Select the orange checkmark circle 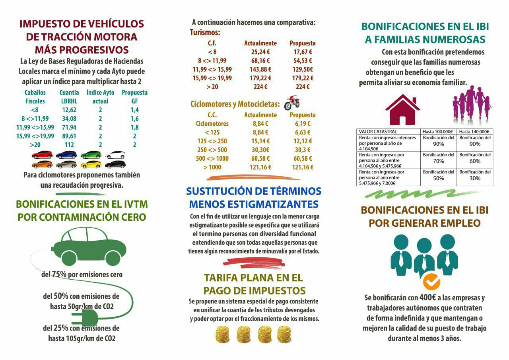click(x=431, y=281)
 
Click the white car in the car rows click(x=115, y=154)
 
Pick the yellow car click(x=91, y=164)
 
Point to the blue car click(x=66, y=154)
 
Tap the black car click(x=115, y=164)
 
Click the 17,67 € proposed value click(x=303, y=52)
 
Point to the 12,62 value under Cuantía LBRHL click(x=69, y=110)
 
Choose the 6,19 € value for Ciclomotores click(x=303, y=124)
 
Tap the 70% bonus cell click(x=438, y=161)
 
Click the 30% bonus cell click(x=475, y=178)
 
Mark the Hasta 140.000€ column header click(x=474, y=132)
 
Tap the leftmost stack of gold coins click(x=223, y=335)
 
